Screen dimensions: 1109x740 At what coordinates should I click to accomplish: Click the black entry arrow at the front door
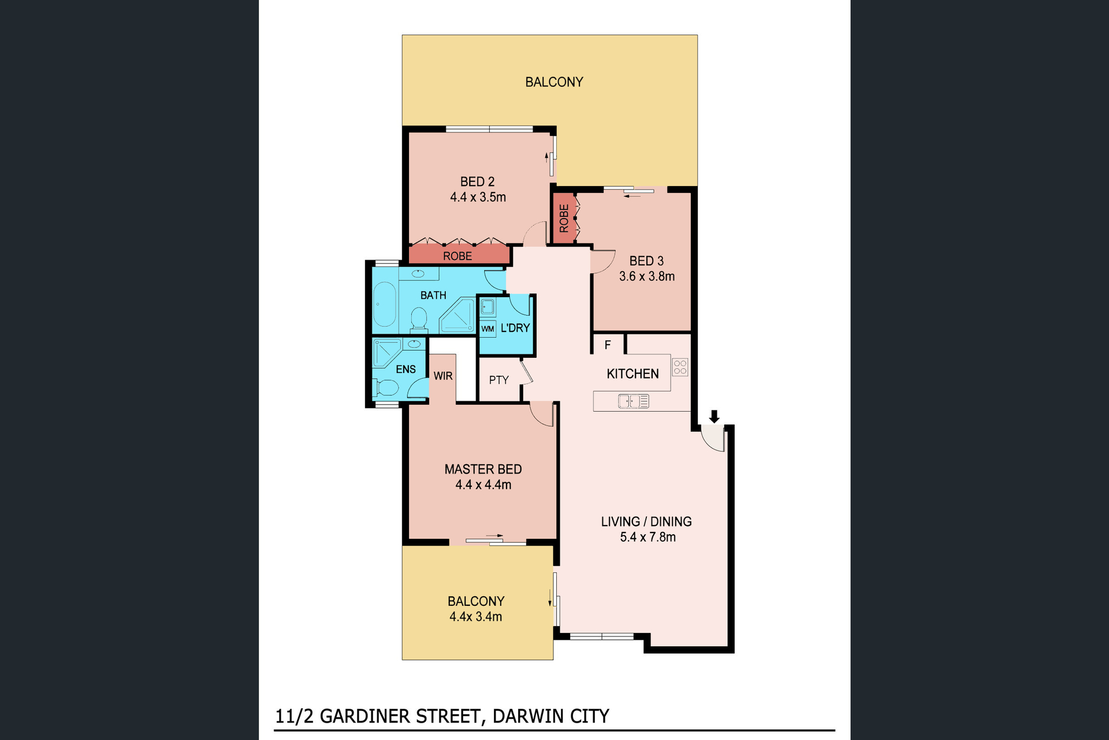[x=714, y=416]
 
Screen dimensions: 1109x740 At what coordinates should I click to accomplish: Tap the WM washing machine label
[x=488, y=329]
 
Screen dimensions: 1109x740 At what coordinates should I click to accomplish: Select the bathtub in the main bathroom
[x=385, y=305]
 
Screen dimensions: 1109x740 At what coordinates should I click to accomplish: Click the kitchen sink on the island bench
[x=634, y=401]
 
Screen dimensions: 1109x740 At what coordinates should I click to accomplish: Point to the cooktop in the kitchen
[x=680, y=367]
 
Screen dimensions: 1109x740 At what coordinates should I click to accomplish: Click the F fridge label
[x=608, y=345]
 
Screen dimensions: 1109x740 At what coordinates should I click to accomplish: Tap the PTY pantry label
[x=499, y=380]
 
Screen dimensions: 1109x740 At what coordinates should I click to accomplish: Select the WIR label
[x=443, y=376]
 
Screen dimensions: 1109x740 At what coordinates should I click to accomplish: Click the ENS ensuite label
[x=405, y=369]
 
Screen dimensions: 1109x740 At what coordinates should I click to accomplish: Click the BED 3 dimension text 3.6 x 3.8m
[x=647, y=276]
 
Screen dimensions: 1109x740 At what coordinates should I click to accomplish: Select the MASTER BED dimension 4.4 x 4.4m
[x=483, y=485]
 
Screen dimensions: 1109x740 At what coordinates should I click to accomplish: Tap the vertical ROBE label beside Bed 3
[x=564, y=219]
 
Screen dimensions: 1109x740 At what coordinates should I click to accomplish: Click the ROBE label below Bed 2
[x=457, y=256]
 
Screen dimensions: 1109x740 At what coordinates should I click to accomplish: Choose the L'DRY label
[x=515, y=328]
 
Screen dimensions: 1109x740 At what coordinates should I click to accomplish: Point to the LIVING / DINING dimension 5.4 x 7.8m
[x=648, y=537]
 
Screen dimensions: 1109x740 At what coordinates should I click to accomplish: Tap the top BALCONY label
[x=554, y=82]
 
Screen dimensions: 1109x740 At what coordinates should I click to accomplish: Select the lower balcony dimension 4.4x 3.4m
[x=476, y=617]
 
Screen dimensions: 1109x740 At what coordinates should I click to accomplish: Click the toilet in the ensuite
[x=386, y=387]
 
